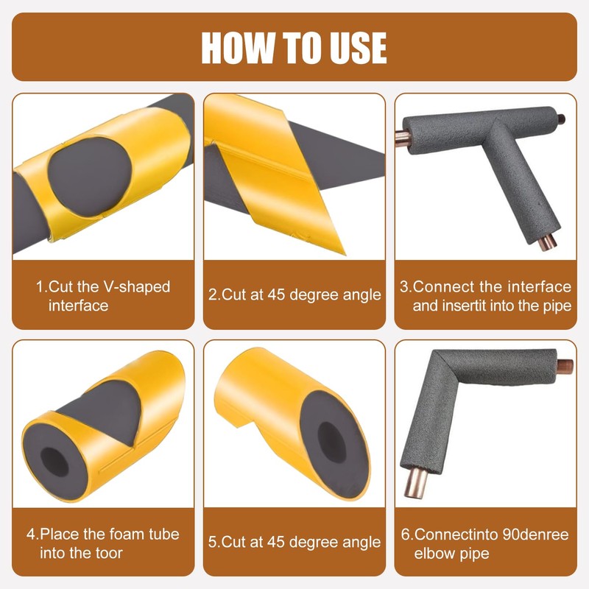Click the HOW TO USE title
click(294, 47)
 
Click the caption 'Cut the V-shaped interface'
click(103, 295)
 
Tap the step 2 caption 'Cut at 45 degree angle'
click(294, 295)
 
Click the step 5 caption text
click(294, 543)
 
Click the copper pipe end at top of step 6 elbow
click(565, 365)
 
